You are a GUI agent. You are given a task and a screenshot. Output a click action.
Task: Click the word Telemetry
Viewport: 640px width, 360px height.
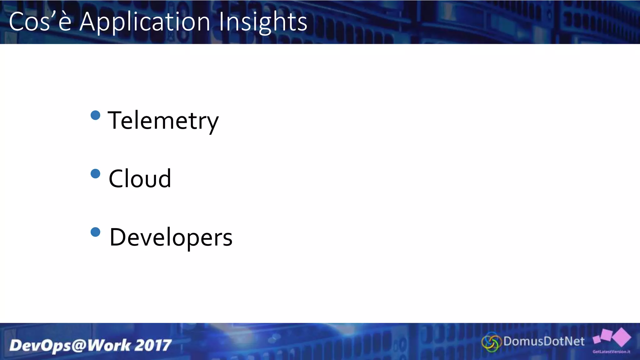coord(163,121)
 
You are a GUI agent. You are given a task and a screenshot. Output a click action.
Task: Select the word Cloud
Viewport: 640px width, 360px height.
coord(140,179)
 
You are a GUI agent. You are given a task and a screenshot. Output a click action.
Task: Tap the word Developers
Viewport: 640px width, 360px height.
coord(171,237)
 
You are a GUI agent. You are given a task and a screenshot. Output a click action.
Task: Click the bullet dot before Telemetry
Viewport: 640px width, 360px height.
coord(95,115)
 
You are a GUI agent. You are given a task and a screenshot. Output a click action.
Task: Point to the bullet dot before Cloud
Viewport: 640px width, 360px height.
coord(95,173)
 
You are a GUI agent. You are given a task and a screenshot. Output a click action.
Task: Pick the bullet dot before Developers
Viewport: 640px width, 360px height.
coord(95,232)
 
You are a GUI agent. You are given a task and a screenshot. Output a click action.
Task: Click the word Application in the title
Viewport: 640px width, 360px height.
coord(145,22)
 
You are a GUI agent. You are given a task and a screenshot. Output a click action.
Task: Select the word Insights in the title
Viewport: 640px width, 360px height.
coord(263,22)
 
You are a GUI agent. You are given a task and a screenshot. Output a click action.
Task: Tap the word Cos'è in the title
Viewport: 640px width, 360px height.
coord(40,22)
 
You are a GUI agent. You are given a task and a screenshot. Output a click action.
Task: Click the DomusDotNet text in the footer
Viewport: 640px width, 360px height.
coord(544,341)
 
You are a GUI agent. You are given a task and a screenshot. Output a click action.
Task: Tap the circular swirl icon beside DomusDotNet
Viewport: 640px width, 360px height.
coord(492,342)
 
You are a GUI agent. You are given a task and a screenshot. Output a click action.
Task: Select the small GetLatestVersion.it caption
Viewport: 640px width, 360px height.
coord(611,352)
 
